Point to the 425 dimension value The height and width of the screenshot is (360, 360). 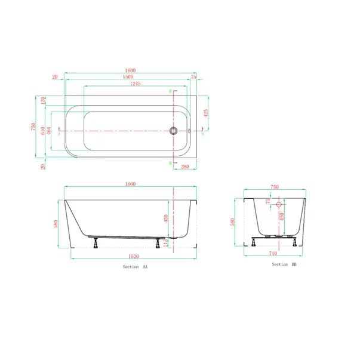(x=206, y=112)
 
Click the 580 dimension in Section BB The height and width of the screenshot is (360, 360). (x=233, y=222)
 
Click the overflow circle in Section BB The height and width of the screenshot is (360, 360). (x=278, y=205)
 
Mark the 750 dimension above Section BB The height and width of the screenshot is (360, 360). (x=275, y=187)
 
